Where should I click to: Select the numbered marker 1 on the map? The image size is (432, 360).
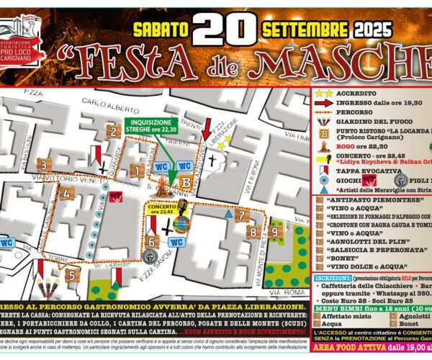click(x=135, y=170)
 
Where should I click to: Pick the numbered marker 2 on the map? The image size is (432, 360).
click(x=112, y=130)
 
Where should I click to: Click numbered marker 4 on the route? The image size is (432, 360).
click(x=66, y=193)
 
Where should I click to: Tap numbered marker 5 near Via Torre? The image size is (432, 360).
click(x=71, y=274)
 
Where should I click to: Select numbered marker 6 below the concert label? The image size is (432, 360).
click(x=153, y=242)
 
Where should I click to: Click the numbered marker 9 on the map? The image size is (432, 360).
click(x=274, y=233)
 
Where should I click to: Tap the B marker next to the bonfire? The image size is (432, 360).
click(x=186, y=182)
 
